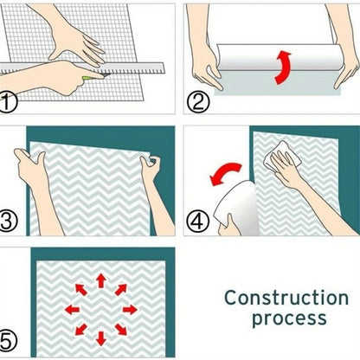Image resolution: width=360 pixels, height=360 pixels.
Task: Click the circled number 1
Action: (x=8, y=102)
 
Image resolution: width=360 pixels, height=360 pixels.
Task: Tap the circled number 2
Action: (x=197, y=103)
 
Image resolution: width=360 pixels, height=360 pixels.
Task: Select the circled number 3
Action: (x=9, y=222)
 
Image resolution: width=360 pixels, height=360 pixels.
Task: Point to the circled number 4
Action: (x=197, y=222)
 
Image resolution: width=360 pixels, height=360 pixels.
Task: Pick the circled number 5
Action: (x=8, y=340)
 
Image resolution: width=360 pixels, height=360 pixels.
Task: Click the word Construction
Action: (x=286, y=298)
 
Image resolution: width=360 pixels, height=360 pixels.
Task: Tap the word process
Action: (x=289, y=319)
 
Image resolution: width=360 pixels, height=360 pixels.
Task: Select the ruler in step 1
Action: (x=82, y=68)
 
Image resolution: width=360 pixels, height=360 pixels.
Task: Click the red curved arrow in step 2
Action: (x=282, y=67)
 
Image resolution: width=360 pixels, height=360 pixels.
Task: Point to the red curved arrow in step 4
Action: (x=225, y=173)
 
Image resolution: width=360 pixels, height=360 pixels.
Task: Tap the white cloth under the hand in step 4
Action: (x=282, y=156)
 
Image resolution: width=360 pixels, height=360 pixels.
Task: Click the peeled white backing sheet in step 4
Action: (x=236, y=206)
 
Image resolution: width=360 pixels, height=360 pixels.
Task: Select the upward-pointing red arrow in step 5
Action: (x=100, y=280)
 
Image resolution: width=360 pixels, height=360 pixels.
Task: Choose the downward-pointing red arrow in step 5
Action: (x=100, y=338)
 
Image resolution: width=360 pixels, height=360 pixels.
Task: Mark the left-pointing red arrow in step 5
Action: (x=72, y=310)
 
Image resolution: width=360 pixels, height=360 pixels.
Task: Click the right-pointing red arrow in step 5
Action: (x=130, y=310)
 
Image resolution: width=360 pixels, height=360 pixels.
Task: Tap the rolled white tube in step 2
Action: (x=277, y=57)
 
